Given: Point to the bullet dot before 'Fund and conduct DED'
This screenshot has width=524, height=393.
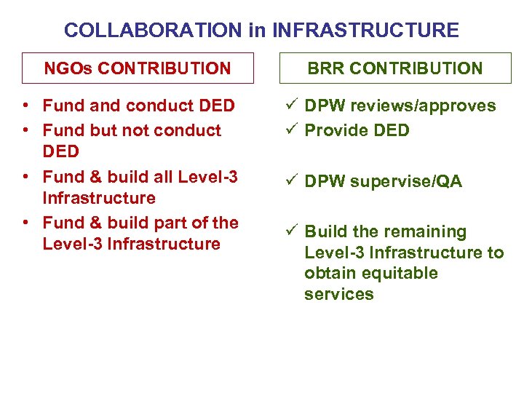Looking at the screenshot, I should tap(25, 106).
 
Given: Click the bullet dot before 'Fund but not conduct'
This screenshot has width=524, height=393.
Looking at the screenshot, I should tap(25, 131).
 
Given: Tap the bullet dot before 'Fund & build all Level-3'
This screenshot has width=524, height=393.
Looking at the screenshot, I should tap(25, 177).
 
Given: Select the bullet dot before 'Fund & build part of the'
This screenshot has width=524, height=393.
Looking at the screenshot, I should tap(25, 223).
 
